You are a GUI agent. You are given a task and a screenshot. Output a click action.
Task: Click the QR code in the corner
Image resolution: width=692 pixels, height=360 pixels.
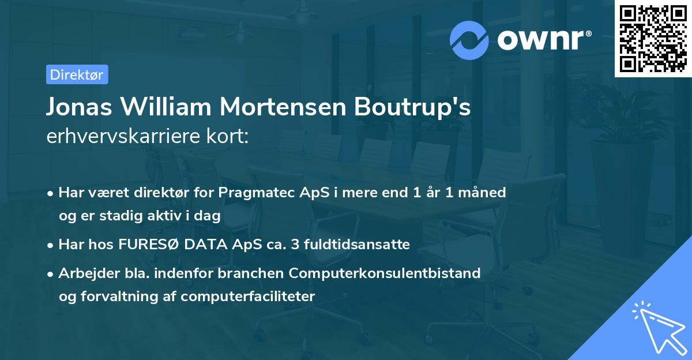[653, 39]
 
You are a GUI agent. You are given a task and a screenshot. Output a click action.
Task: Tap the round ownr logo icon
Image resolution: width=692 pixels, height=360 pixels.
[470, 40]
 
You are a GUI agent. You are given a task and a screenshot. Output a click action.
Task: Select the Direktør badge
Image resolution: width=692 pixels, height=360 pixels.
[76, 74]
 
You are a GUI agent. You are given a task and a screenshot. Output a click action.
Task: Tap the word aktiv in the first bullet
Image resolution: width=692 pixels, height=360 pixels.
[172, 216]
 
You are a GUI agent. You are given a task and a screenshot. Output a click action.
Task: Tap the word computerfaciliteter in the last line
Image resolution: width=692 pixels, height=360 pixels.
[247, 297]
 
